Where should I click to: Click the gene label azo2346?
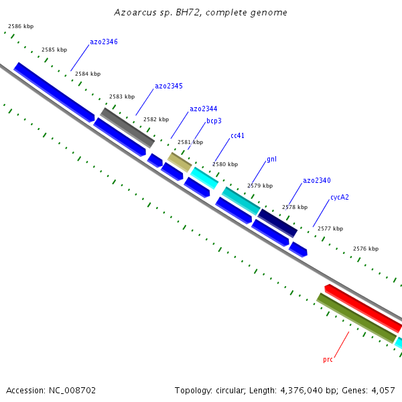click(104, 42)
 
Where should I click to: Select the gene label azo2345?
click(169, 86)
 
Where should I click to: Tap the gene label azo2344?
click(203, 109)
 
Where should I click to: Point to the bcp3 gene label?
click(214, 121)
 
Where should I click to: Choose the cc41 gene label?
click(237, 135)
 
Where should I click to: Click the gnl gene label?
click(271, 159)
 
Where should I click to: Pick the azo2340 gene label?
click(316, 180)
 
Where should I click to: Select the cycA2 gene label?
click(339, 197)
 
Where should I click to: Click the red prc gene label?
click(328, 359)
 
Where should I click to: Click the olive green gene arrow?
click(356, 318)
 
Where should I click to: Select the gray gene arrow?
click(127, 127)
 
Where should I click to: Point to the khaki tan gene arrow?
click(180, 161)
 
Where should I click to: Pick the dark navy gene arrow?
click(277, 222)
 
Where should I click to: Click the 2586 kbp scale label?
click(21, 26)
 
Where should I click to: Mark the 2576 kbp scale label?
click(365, 249)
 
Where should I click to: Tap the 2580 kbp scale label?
click(225, 164)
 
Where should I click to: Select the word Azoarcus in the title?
click(133, 12)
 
